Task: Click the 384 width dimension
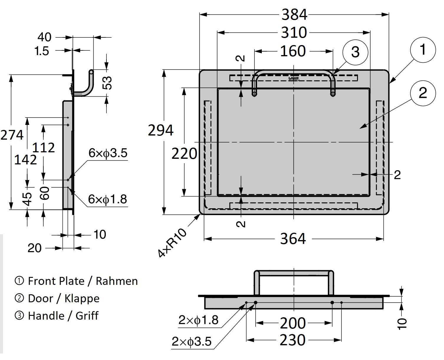point(294,14)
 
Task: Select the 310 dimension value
point(294,32)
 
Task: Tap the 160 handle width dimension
point(293,51)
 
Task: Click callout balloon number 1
point(423,49)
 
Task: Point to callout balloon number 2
point(422,93)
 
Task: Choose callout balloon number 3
point(355,52)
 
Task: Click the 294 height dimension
point(161,130)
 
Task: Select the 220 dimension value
point(184,153)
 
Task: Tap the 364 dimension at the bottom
point(293,239)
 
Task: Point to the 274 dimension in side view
point(12,135)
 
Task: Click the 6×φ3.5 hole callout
point(108,153)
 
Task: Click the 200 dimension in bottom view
point(292,323)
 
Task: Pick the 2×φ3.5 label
point(192,342)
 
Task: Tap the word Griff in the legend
point(87,316)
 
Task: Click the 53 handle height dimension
point(108,82)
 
